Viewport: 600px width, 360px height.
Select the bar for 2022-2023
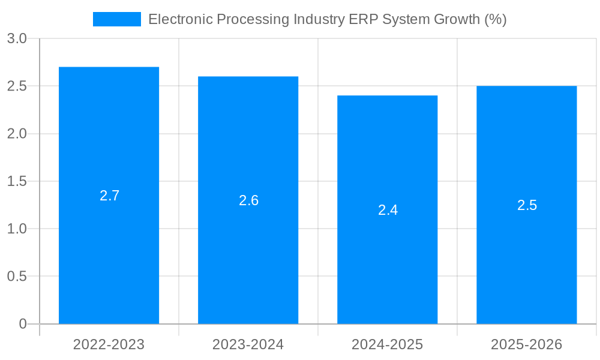109,252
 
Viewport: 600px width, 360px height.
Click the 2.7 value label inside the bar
109,196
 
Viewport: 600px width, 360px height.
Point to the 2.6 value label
248,200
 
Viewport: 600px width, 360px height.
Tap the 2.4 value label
388,210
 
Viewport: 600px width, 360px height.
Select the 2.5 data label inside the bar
527,205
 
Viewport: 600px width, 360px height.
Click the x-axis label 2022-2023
109,344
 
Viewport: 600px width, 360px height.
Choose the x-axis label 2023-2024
248,344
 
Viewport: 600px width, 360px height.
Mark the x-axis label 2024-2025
387,344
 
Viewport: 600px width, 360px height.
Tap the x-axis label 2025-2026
526,344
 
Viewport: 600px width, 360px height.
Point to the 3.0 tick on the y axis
17,38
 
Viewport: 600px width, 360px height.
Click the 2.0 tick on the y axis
17,134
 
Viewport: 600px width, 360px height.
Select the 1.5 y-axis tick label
17,181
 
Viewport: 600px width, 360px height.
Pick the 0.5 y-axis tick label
17,277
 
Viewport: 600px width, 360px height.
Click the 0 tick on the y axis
23,324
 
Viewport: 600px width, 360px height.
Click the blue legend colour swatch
116,19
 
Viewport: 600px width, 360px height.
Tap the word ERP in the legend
362,19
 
